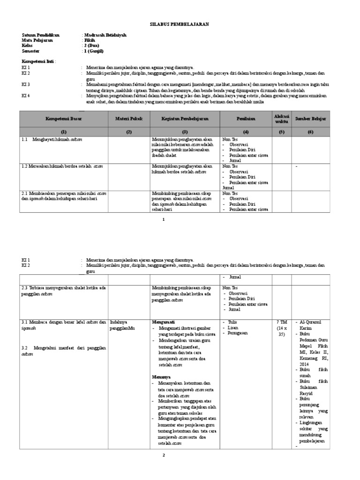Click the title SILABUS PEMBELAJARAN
(180, 24)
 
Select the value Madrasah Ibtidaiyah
(105, 35)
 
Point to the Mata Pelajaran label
(37, 41)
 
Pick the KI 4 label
(26, 96)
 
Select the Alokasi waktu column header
(282, 119)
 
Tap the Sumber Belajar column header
(310, 119)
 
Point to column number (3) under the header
(185, 132)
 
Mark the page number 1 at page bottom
(164, 219)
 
